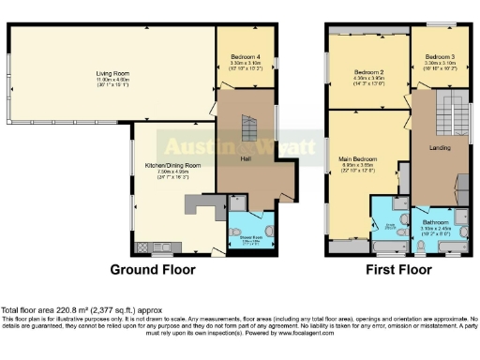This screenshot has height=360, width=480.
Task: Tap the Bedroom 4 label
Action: [x=245, y=57]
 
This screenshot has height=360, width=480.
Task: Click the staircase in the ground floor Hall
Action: [x=249, y=128]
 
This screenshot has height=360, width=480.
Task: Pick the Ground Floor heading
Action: [x=153, y=270]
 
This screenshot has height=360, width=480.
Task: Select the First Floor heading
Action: [x=397, y=270]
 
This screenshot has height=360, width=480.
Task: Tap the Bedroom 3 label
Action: [x=439, y=57]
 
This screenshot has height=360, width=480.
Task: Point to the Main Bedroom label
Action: [x=357, y=159]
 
